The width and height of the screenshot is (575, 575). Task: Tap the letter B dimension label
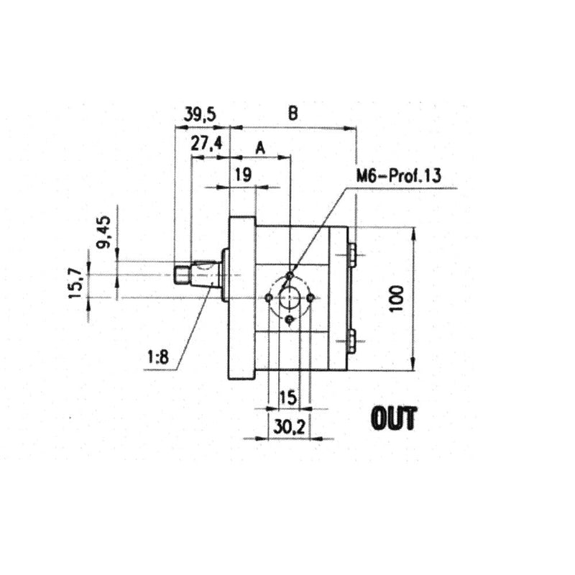pyautogui.click(x=293, y=113)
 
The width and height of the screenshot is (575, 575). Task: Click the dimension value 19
pyautogui.click(x=242, y=174)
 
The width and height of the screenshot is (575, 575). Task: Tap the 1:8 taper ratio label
pyautogui.click(x=159, y=356)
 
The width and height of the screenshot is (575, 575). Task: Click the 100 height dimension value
pyautogui.click(x=400, y=298)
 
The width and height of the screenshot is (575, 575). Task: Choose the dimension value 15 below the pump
pyautogui.click(x=287, y=397)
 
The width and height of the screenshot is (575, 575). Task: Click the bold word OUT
pyautogui.click(x=393, y=418)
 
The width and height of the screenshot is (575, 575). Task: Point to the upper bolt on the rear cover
pyautogui.click(x=351, y=254)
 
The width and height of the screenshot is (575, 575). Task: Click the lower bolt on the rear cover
pyautogui.click(x=351, y=340)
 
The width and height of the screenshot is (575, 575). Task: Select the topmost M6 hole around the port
pyautogui.click(x=288, y=276)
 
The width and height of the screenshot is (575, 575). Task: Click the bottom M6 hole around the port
pyautogui.click(x=288, y=319)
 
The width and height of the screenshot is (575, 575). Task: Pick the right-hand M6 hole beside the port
pyautogui.click(x=310, y=297)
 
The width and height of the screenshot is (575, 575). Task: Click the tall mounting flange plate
pyautogui.click(x=241, y=298)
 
